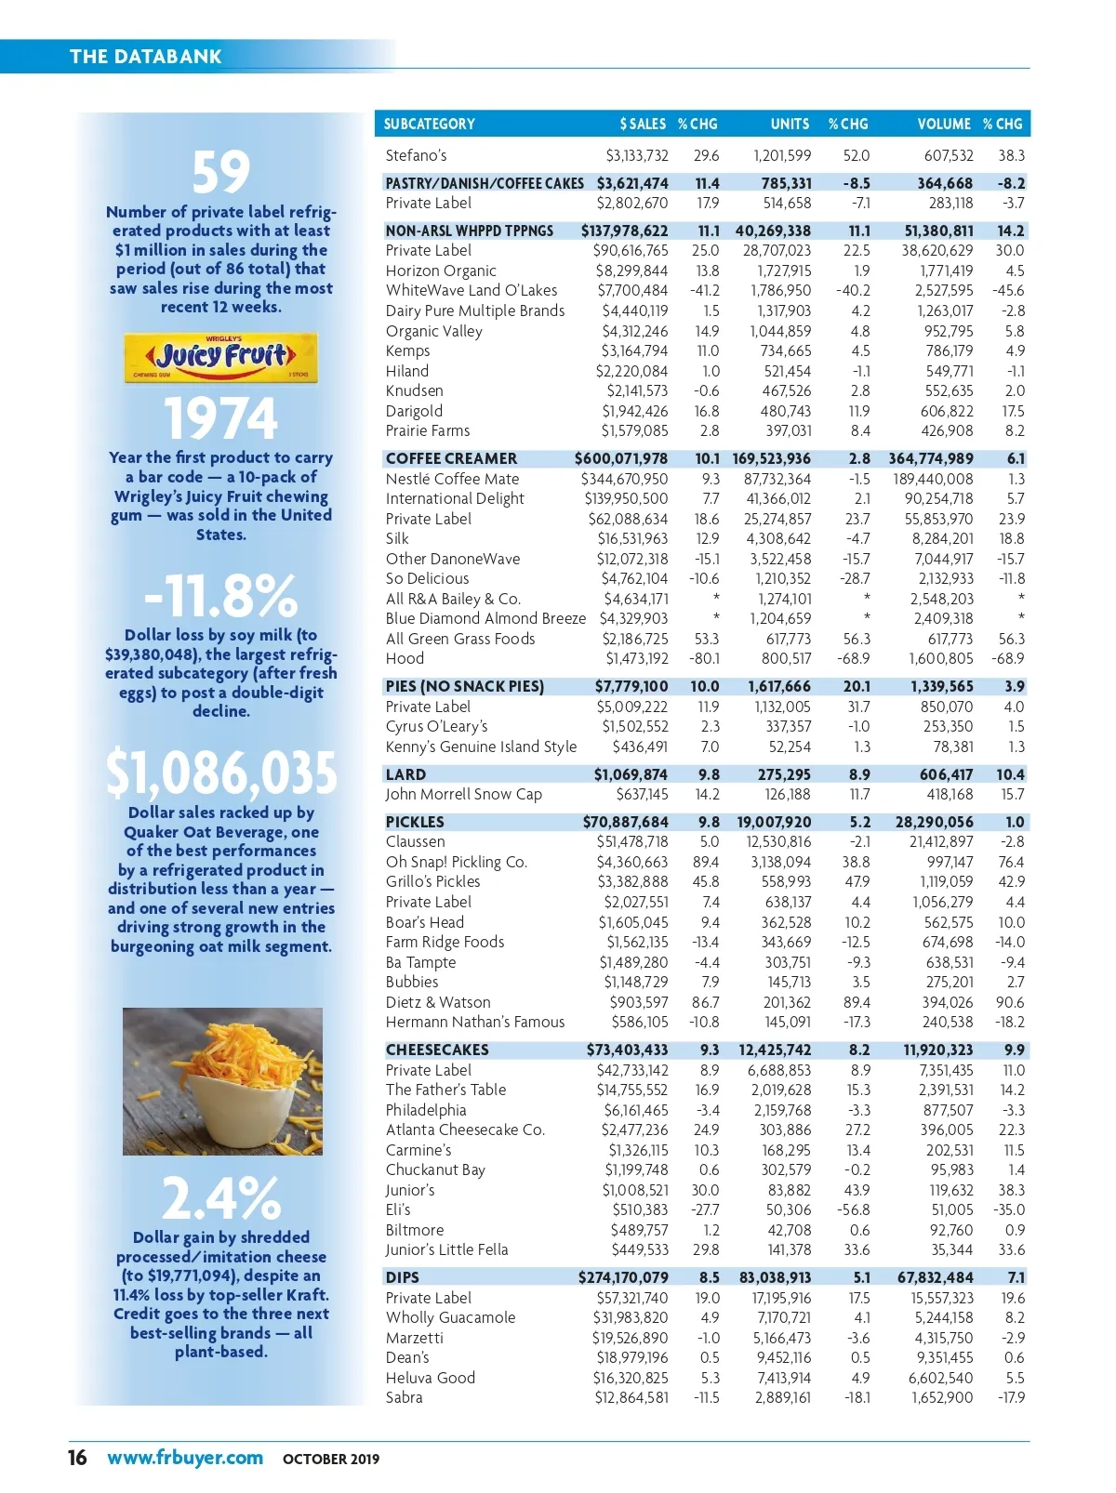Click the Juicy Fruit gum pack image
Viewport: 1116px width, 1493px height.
[221, 358]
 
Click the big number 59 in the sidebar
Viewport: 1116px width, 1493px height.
[221, 172]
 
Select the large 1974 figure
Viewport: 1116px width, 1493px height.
[221, 418]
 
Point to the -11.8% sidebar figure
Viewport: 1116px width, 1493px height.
[221, 596]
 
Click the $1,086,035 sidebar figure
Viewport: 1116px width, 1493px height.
[221, 773]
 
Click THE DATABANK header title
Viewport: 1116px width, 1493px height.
[146, 57]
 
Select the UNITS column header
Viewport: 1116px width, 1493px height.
[790, 124]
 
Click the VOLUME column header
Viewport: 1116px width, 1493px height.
[943, 124]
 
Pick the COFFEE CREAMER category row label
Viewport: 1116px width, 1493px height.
[451, 458]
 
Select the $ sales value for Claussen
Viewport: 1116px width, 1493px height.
[632, 841]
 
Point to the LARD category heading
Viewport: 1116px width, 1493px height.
[405, 774]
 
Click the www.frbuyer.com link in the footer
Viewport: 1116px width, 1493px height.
[185, 1458]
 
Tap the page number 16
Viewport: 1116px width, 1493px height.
[77, 1458]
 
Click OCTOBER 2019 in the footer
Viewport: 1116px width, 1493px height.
[331, 1459]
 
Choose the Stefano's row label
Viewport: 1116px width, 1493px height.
[416, 155]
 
